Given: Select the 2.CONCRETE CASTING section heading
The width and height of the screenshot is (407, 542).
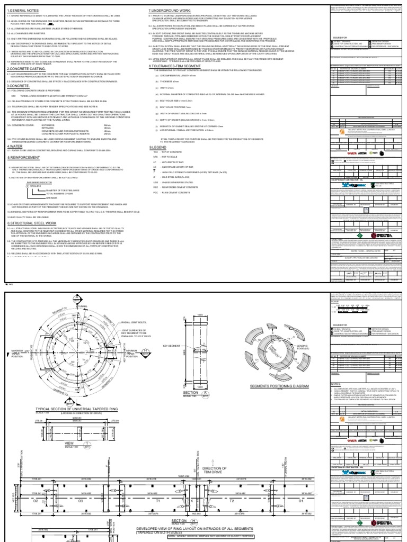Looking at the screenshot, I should pos(26,84).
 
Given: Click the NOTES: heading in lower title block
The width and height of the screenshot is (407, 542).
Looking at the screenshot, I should pos(337,369).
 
